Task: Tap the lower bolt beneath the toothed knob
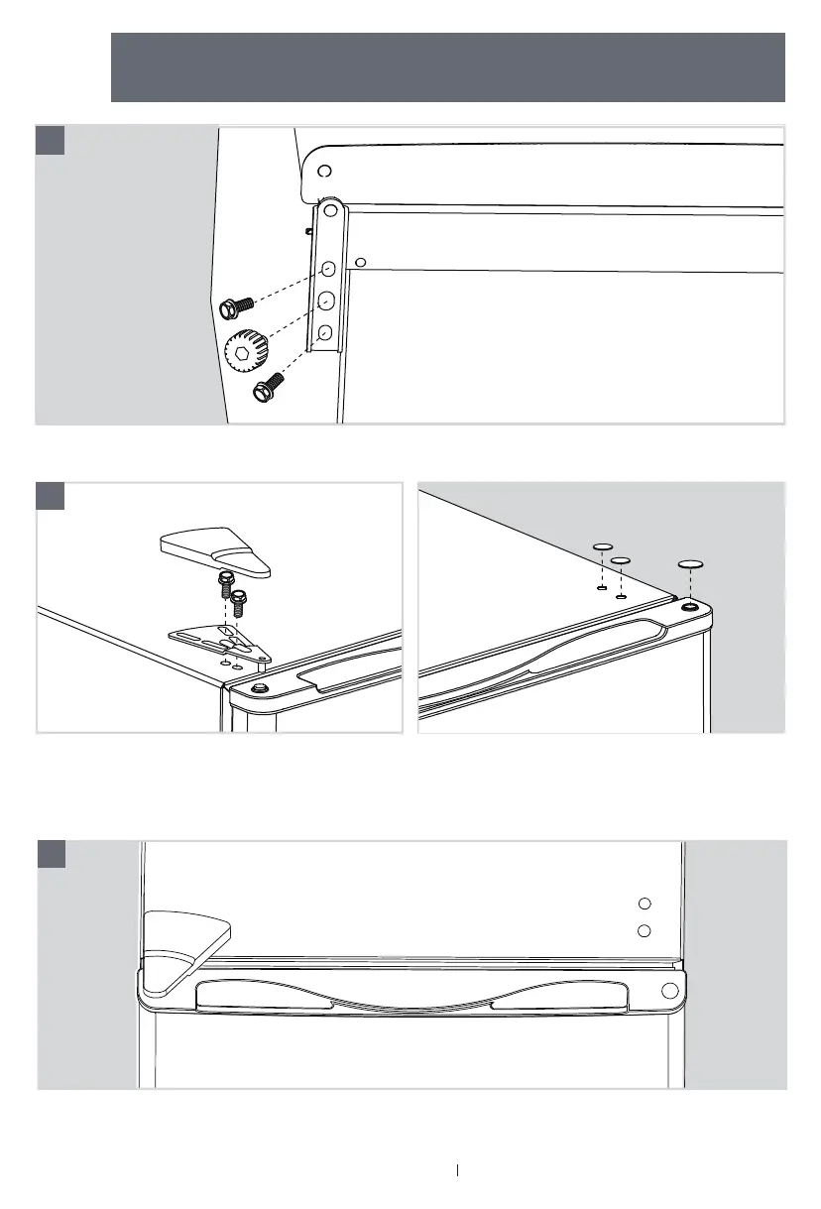(268, 387)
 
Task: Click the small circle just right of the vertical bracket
(361, 262)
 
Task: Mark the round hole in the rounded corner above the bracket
(323, 171)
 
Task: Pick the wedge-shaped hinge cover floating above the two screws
(215, 551)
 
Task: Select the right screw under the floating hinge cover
(238, 604)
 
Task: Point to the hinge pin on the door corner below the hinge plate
(260, 688)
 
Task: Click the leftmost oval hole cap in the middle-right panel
(602, 546)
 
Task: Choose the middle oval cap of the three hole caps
(622, 560)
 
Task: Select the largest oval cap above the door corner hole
(690, 563)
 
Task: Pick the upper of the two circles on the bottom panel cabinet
(645, 903)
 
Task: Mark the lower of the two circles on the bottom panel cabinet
(645, 930)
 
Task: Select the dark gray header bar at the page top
(447, 66)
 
